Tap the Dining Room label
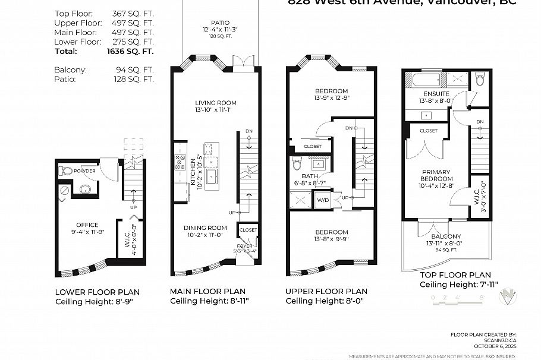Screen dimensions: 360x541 tap(205, 228)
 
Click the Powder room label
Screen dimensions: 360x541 tap(85, 170)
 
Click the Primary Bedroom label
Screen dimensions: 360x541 tap(436, 175)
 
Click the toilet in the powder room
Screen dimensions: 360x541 tap(67, 170)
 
